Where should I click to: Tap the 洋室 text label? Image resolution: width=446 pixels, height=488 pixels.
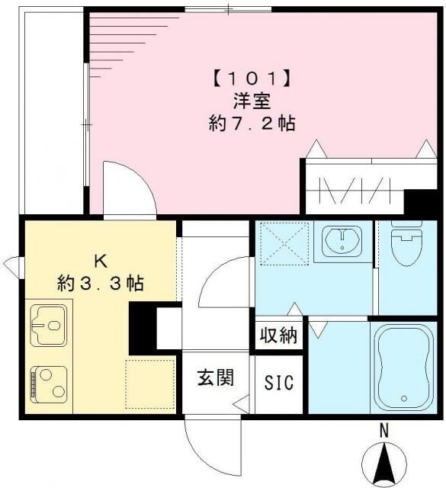[251, 101]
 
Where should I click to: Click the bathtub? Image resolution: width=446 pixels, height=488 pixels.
[405, 367]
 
